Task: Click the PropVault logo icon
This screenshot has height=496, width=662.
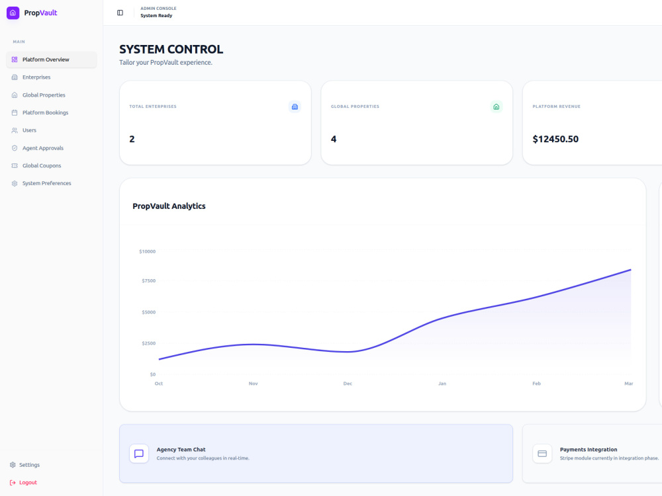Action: (13, 13)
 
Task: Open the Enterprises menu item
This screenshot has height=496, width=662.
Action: (36, 77)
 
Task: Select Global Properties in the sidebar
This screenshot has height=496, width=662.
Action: (44, 95)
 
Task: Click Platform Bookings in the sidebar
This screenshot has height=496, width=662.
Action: (45, 112)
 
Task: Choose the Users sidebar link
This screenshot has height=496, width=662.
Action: (29, 130)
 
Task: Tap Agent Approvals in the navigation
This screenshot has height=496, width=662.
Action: (42, 148)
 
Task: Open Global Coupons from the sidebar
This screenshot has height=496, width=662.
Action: (42, 166)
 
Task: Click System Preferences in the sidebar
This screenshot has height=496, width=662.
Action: (46, 183)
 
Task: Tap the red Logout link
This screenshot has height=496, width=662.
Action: (28, 483)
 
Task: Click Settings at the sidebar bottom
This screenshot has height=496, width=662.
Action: (29, 465)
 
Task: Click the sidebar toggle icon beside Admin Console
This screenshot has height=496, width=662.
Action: (120, 13)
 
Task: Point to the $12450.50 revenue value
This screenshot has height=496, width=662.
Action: (555, 139)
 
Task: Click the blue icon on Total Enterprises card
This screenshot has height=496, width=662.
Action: (295, 106)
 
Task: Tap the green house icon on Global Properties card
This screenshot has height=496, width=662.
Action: (496, 106)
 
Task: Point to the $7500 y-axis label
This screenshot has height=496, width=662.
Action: (148, 280)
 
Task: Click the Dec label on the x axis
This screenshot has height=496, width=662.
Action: (348, 384)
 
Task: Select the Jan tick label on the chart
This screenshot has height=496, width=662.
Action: (442, 384)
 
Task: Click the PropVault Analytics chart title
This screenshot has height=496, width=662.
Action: (169, 206)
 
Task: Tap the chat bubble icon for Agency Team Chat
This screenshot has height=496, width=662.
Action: (139, 454)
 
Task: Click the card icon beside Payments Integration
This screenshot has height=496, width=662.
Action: (542, 454)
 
